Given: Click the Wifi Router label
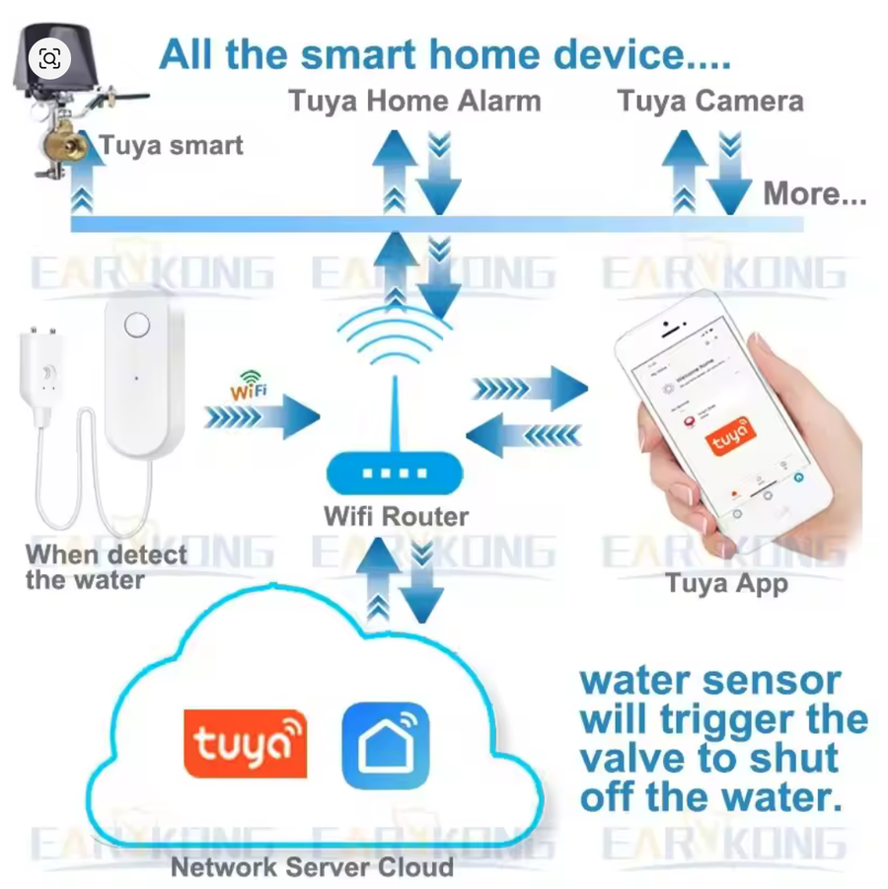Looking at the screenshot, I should [x=396, y=515].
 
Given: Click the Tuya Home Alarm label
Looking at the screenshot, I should [x=414, y=101].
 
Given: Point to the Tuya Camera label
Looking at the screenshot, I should [x=710, y=101].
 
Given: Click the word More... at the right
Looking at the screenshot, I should [x=814, y=193].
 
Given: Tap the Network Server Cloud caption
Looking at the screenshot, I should [x=312, y=867].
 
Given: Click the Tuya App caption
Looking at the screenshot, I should [x=726, y=583].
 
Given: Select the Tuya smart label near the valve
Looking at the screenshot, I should [x=171, y=147].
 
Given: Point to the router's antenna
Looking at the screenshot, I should [x=395, y=414].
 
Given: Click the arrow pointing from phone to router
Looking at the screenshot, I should [x=524, y=434].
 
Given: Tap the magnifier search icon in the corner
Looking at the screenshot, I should [x=49, y=59].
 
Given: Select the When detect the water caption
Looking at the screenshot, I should [x=106, y=566].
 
